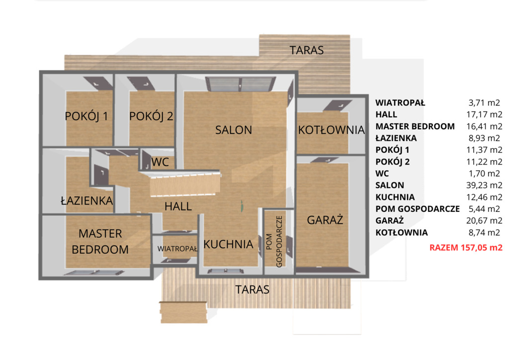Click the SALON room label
[x=234, y=130]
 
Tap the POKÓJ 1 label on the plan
[x=86, y=116]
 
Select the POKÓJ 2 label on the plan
[x=151, y=116]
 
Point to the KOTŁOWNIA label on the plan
[x=332, y=130]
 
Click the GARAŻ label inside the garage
[x=325, y=220]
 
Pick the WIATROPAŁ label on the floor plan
[x=177, y=249]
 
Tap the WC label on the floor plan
[x=160, y=162]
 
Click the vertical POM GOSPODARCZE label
[x=274, y=242]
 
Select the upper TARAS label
[x=306, y=50]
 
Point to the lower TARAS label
[x=252, y=289]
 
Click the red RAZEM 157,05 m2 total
[x=466, y=248]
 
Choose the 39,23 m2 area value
[x=484, y=185]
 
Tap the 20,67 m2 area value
[x=484, y=220]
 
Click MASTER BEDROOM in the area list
[x=415, y=126]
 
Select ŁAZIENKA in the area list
[x=396, y=138]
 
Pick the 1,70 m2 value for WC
[x=484, y=174]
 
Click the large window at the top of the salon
[x=240, y=84]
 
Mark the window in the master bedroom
[x=94, y=273]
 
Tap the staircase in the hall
[x=185, y=185]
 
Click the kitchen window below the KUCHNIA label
[x=226, y=271]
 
